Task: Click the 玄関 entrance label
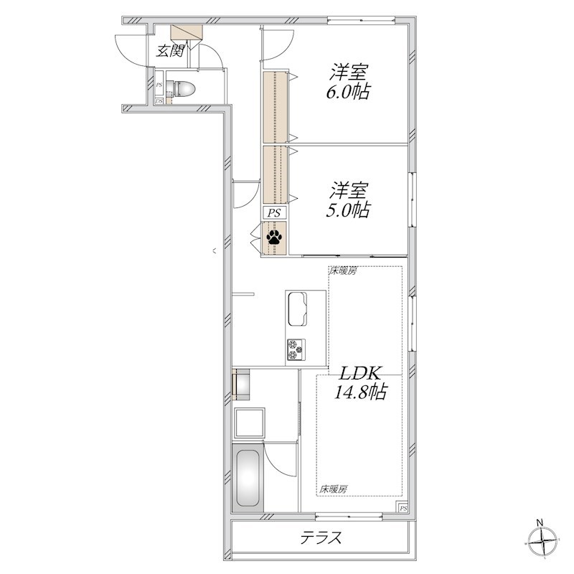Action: (170, 51)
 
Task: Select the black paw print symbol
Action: (274, 237)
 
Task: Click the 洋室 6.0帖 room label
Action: (348, 82)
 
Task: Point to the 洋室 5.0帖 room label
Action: (348, 200)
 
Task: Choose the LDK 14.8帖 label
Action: (361, 383)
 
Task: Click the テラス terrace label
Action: (321, 537)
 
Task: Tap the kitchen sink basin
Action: (297, 309)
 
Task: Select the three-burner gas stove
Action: (296, 349)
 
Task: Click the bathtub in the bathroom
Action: (248, 478)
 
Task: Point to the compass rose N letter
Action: (540, 523)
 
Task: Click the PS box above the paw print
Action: (274, 212)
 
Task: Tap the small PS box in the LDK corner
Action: (403, 508)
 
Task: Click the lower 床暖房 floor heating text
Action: (333, 489)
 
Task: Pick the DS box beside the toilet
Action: (159, 100)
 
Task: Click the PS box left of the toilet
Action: (159, 85)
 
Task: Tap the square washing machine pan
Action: (249, 423)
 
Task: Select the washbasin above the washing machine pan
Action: (242, 385)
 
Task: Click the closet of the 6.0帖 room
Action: (275, 107)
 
